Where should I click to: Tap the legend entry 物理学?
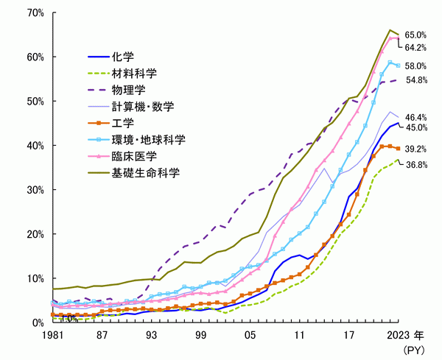(x=127, y=91)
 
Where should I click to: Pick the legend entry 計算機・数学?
(x=143, y=107)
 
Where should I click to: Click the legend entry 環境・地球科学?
(x=148, y=140)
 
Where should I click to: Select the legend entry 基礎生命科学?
(x=143, y=174)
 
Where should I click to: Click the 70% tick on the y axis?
(x=34, y=13)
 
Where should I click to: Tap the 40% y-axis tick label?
(x=34, y=146)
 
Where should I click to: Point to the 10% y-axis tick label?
(x=34, y=278)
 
